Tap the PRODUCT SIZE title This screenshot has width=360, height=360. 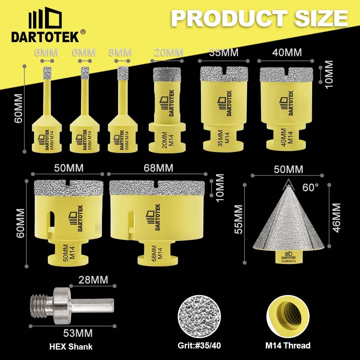click(260, 17)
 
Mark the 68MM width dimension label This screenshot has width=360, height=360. click(158, 168)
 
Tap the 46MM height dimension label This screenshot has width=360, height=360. click(336, 218)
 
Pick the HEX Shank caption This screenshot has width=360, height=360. click(71, 347)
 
